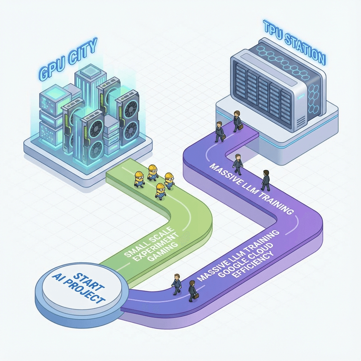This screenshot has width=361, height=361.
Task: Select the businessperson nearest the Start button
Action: click(x=176, y=284)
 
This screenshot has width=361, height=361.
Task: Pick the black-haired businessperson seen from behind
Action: click(x=266, y=180)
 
